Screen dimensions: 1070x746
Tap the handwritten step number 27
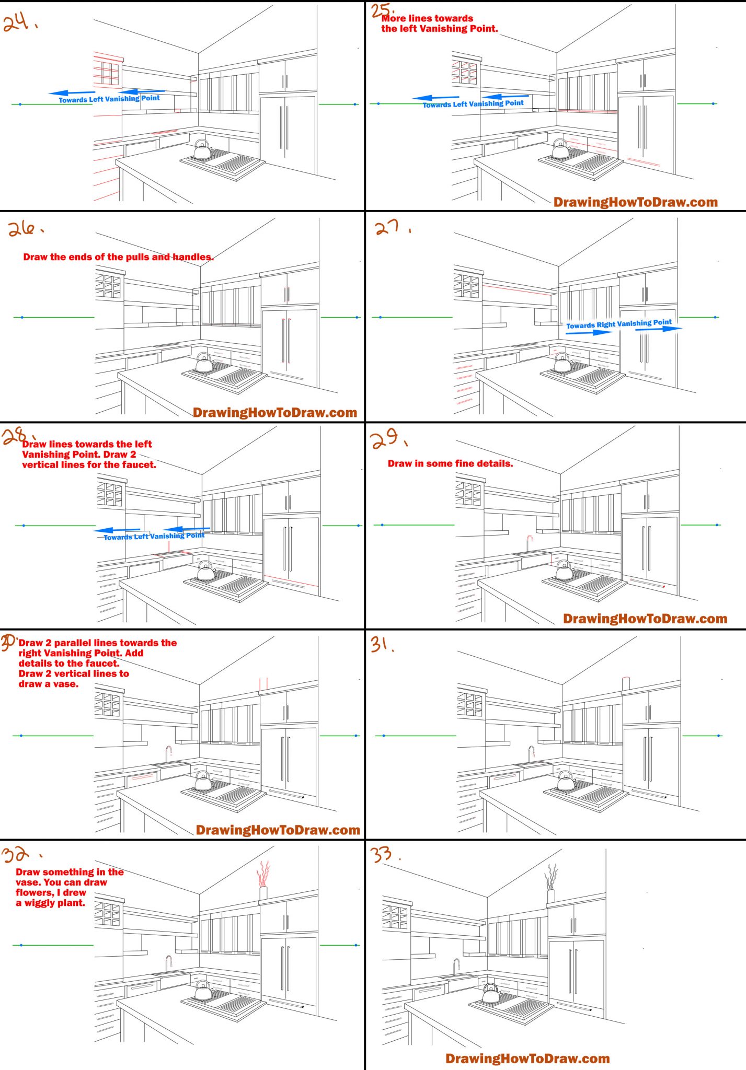click(x=387, y=227)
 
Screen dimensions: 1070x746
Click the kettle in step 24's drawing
click(x=202, y=150)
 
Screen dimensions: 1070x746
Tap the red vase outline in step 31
click(x=625, y=683)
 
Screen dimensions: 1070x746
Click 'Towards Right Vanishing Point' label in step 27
click(x=618, y=324)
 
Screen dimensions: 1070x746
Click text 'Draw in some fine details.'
click(x=450, y=463)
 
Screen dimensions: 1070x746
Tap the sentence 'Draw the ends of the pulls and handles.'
click(x=118, y=257)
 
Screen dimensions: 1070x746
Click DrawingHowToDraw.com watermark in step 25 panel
click(x=635, y=202)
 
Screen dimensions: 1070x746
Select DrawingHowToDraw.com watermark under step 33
click(x=527, y=1059)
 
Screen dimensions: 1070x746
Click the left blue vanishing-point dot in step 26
click(x=22, y=317)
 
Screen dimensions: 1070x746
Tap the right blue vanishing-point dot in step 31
click(x=719, y=736)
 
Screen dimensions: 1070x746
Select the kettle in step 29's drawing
click(x=565, y=571)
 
